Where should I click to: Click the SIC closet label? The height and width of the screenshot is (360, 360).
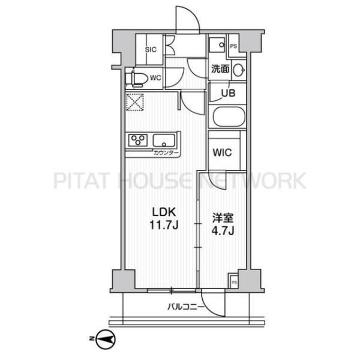pos(151,49)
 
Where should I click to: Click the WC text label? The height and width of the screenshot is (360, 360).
pos(155,78)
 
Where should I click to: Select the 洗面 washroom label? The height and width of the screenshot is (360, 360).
pos(220,68)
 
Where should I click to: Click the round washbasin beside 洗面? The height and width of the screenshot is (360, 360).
pos(239,70)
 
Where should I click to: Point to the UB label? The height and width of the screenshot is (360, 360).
pos(228,93)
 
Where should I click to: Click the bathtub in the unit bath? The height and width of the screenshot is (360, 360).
pos(229,116)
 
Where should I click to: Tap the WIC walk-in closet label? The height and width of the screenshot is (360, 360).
pos(222,152)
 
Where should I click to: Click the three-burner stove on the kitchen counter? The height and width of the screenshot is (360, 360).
pos(138,140)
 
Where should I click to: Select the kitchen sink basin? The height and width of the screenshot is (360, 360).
pos(164,140)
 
